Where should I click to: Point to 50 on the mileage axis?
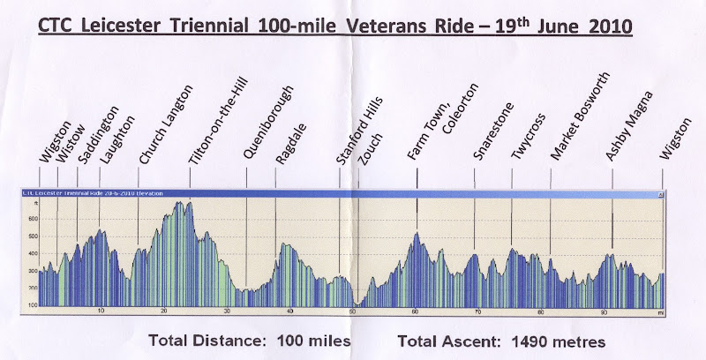pos(353,311)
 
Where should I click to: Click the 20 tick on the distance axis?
pos(164,311)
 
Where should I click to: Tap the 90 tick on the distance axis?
pos(604,311)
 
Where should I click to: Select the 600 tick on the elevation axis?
pos(33,219)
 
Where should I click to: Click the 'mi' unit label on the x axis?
pos(659,311)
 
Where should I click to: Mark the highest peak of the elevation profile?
pos(181,203)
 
